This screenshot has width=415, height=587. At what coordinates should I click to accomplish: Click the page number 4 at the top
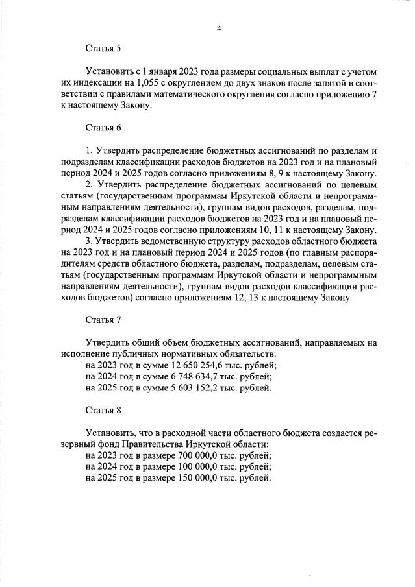tap(220, 29)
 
